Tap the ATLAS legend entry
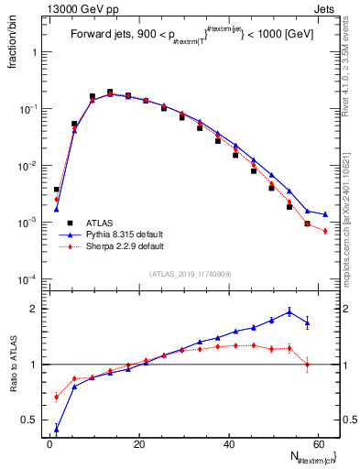click(x=102, y=222)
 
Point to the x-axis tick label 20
click(x=139, y=444)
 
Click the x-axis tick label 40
click(x=229, y=444)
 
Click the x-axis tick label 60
click(x=319, y=444)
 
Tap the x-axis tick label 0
click(x=49, y=444)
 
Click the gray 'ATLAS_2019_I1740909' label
click(x=190, y=274)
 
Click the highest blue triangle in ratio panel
click(x=289, y=311)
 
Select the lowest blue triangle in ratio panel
click(x=57, y=428)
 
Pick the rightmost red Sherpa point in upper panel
click(x=325, y=231)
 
